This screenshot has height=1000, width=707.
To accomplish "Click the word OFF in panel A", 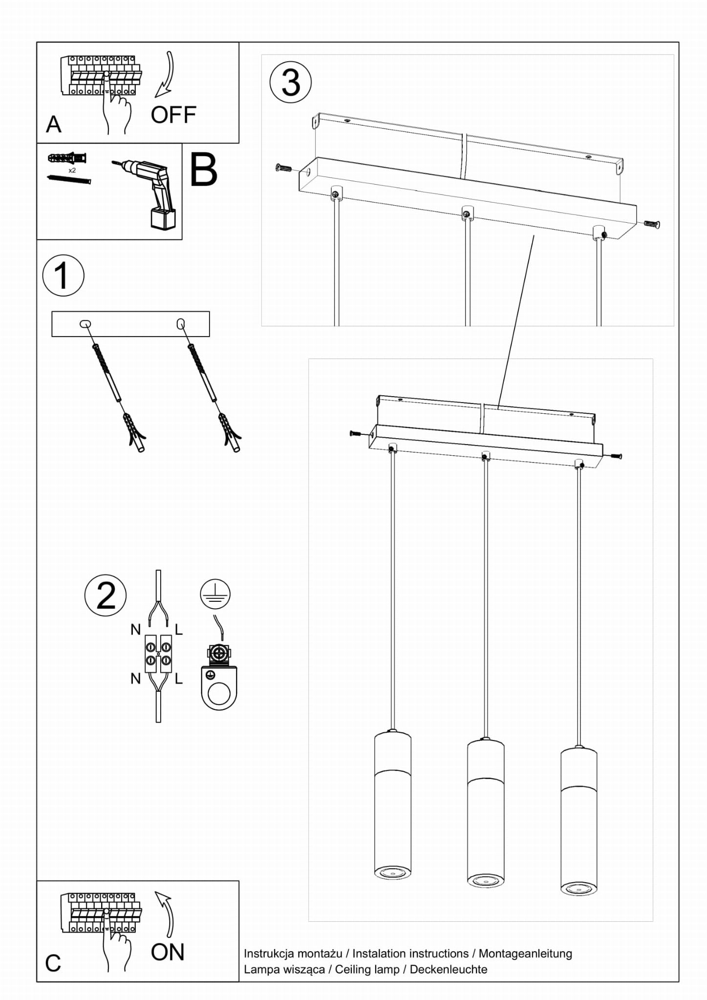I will point(173,115).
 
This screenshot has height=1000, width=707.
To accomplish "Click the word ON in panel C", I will point(167,952).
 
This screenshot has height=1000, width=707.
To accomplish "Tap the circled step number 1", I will point(63,276).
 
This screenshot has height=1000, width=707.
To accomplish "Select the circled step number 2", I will point(106,596).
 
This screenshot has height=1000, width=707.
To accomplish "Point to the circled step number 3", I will point(291,82).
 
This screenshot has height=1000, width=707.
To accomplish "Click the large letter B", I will point(203,170).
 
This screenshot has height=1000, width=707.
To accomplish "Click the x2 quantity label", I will point(72,170).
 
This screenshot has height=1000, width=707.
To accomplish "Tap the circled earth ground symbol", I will point(215,594).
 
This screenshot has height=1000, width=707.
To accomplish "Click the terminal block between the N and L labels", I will point(158,654).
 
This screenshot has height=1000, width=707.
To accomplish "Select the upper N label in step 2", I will point(135,630).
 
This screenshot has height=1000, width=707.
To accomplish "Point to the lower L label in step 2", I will point(179,679).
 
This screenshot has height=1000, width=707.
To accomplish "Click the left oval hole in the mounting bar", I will point(85,323).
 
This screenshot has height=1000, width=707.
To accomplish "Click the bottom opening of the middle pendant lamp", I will point(485,879).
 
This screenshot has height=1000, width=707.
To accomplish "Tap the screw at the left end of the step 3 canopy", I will point(283,169).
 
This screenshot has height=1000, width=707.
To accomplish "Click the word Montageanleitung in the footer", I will point(525,953).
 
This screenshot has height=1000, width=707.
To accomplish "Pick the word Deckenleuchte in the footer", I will point(448,969).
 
